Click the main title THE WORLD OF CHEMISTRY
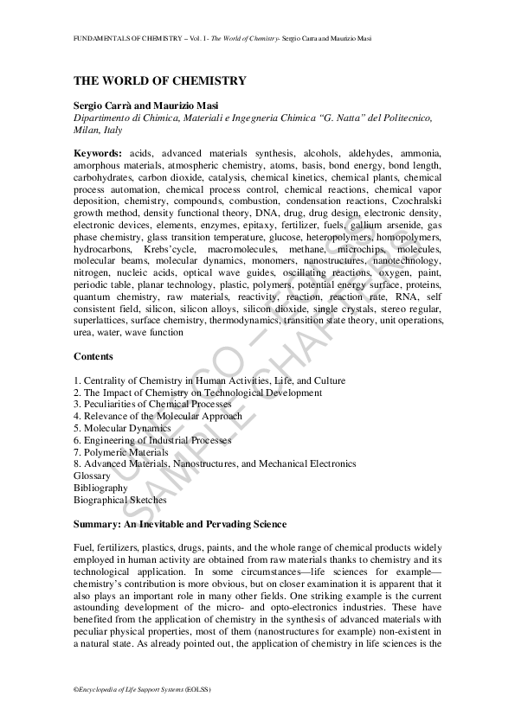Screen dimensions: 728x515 pyautogui.click(x=159, y=80)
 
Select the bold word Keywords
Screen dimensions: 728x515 pyautogui.click(x=97, y=152)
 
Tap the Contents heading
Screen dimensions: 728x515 pyautogui.click(x=93, y=356)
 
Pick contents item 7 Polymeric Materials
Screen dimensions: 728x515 pyautogui.click(x=121, y=452)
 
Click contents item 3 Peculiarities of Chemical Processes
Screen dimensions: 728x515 pyautogui.click(x=152, y=404)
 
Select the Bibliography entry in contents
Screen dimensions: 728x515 pyautogui.click(x=100, y=488)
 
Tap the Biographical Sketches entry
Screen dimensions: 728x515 pyautogui.click(x=119, y=500)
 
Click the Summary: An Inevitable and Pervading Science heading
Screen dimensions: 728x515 pyautogui.click(x=180, y=524)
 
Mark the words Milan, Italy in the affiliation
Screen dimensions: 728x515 pyautogui.click(x=98, y=130)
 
